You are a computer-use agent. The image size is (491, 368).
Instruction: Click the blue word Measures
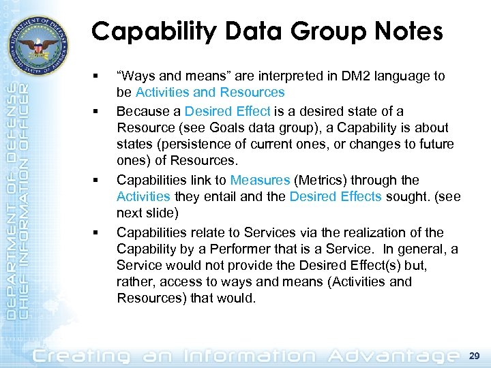point(260,180)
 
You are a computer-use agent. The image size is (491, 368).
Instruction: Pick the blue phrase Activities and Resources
point(210,92)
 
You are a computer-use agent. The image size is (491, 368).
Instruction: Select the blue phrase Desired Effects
point(336,197)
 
